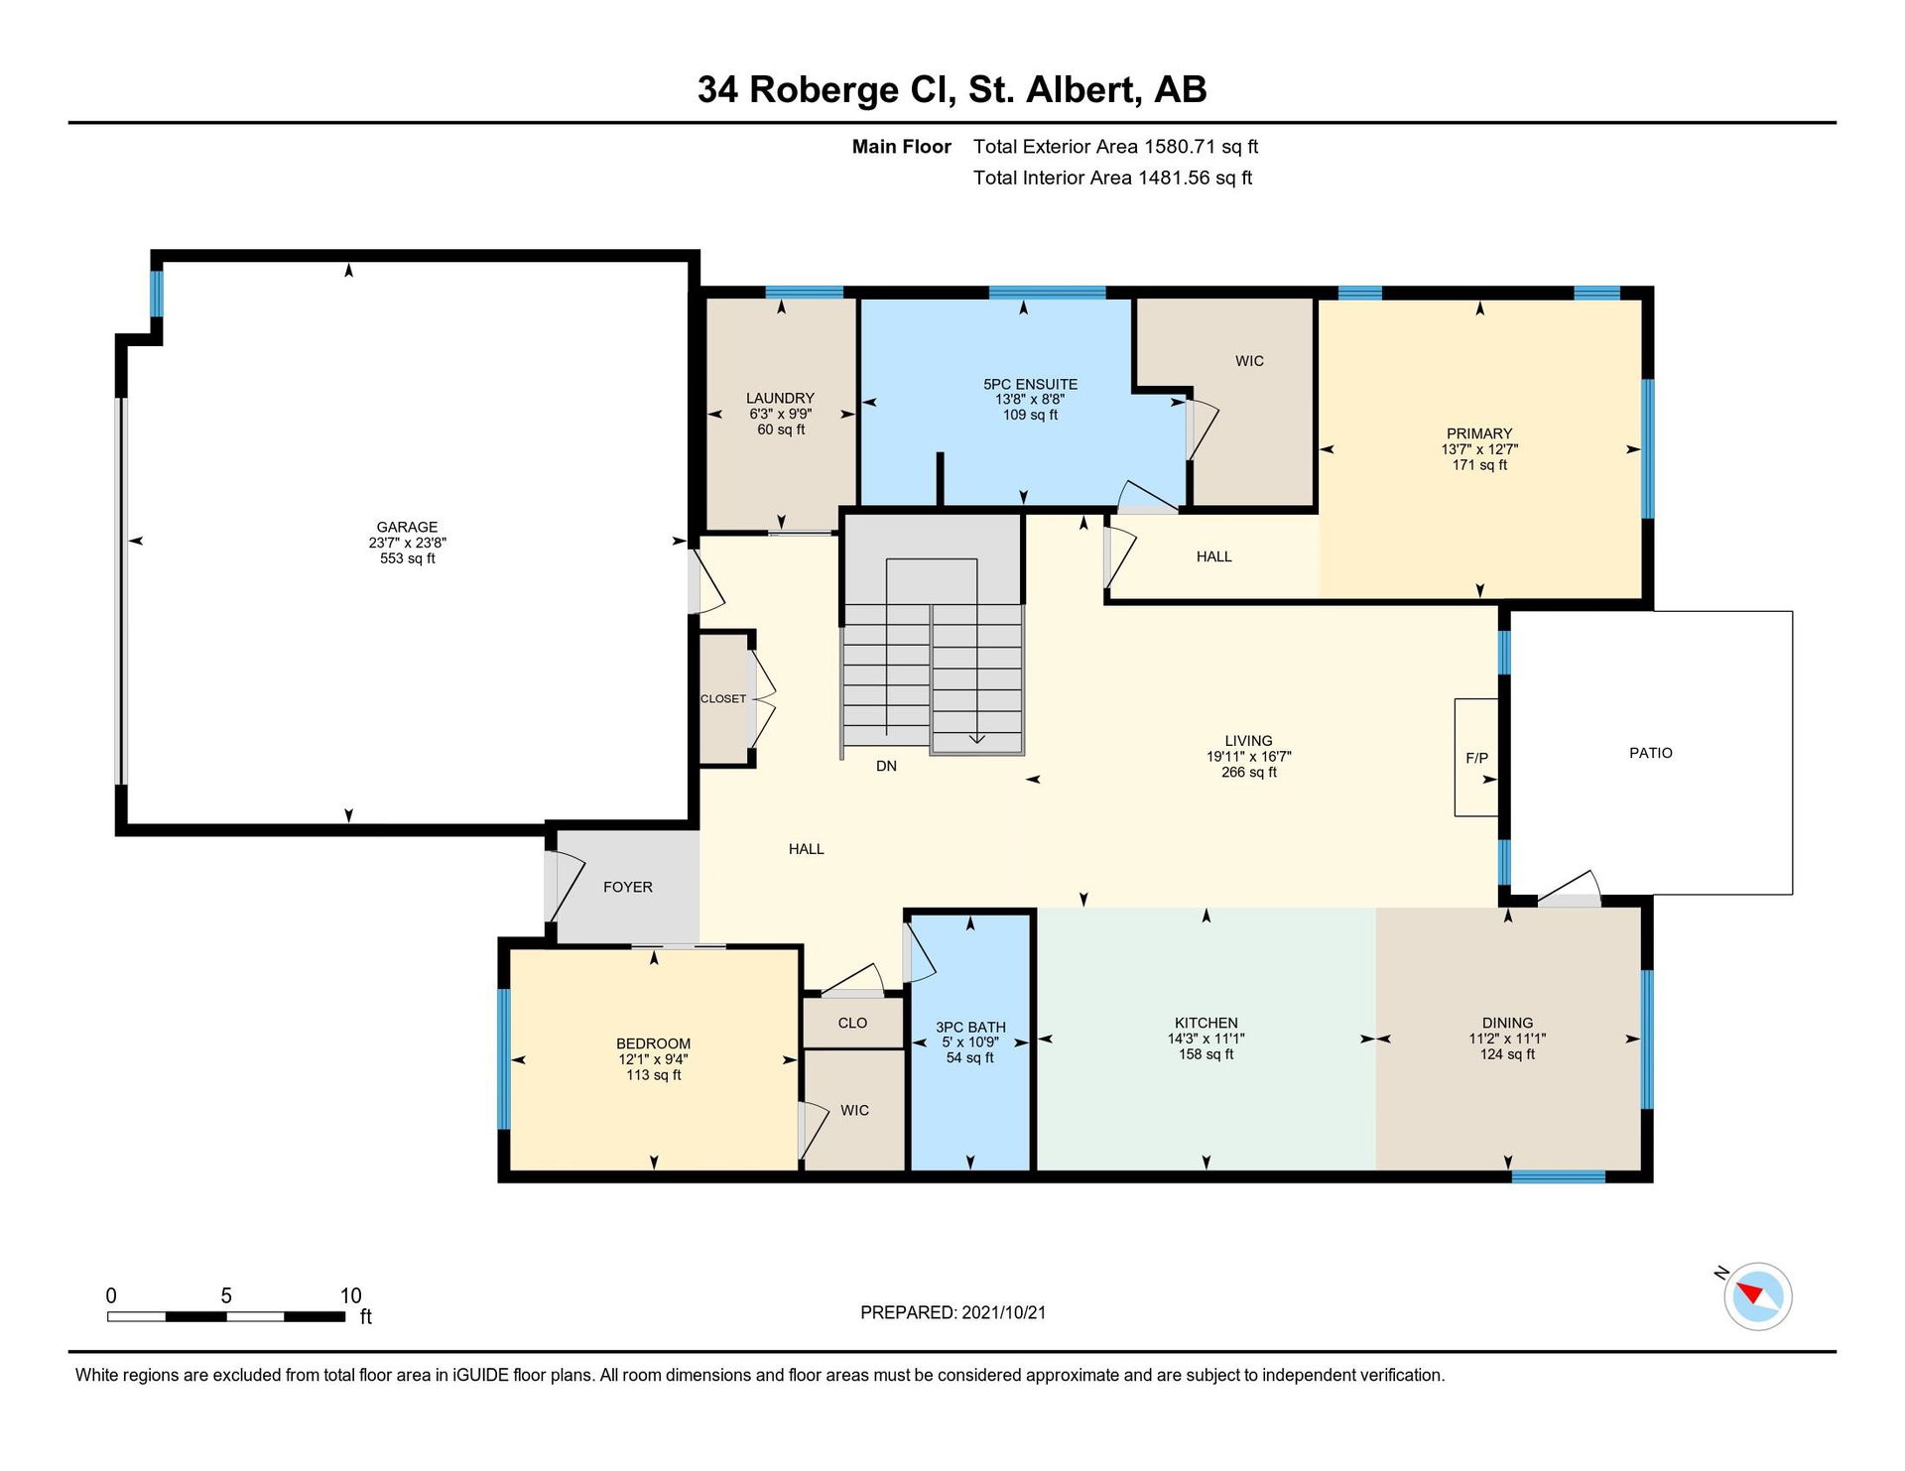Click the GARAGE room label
(x=407, y=527)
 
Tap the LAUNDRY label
(x=780, y=398)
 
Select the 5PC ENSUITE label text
(x=1030, y=384)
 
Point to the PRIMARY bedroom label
(x=1479, y=433)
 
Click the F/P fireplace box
(x=1475, y=758)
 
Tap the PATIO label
(x=1651, y=753)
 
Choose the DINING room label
(x=1507, y=1023)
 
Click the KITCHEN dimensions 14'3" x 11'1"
(x=1206, y=1039)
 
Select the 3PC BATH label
(x=970, y=1028)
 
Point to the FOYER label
(x=628, y=887)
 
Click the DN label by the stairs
(x=886, y=766)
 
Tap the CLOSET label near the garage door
(x=723, y=698)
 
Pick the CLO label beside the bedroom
(x=852, y=1023)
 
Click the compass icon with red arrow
(x=1757, y=1295)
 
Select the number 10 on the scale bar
(x=350, y=1295)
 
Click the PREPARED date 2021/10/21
(x=1003, y=1312)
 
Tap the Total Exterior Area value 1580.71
(x=1180, y=147)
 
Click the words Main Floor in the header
(x=901, y=147)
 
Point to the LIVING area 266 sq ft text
(x=1248, y=772)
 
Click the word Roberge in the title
(x=824, y=89)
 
